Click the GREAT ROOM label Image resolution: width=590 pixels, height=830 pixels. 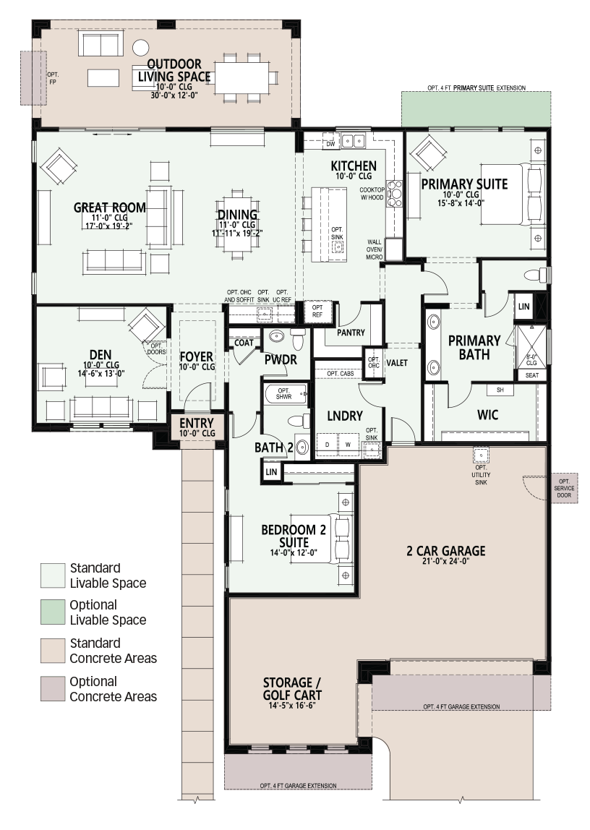point(110,208)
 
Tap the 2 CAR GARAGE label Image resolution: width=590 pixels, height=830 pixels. point(445,551)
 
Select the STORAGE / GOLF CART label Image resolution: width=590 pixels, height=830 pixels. point(292,689)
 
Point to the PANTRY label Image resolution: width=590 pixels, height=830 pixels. point(351,333)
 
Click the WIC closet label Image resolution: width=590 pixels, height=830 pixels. point(487,415)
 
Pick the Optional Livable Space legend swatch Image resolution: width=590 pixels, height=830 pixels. point(53,612)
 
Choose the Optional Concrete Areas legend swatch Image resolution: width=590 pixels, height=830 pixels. point(53,689)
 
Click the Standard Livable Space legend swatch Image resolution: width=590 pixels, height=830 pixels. point(53,576)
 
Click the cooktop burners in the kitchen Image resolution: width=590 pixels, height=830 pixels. point(395,193)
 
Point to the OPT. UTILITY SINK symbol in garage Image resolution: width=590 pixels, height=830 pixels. point(481,455)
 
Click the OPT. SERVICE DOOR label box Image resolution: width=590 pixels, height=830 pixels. point(564,488)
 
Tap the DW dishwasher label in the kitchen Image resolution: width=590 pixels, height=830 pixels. point(330,143)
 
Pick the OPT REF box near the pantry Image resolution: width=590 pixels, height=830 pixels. point(317,311)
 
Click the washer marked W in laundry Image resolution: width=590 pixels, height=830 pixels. point(348,445)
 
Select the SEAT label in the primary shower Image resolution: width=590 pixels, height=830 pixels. point(531,375)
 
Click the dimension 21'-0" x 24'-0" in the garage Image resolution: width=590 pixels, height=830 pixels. point(445,561)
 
